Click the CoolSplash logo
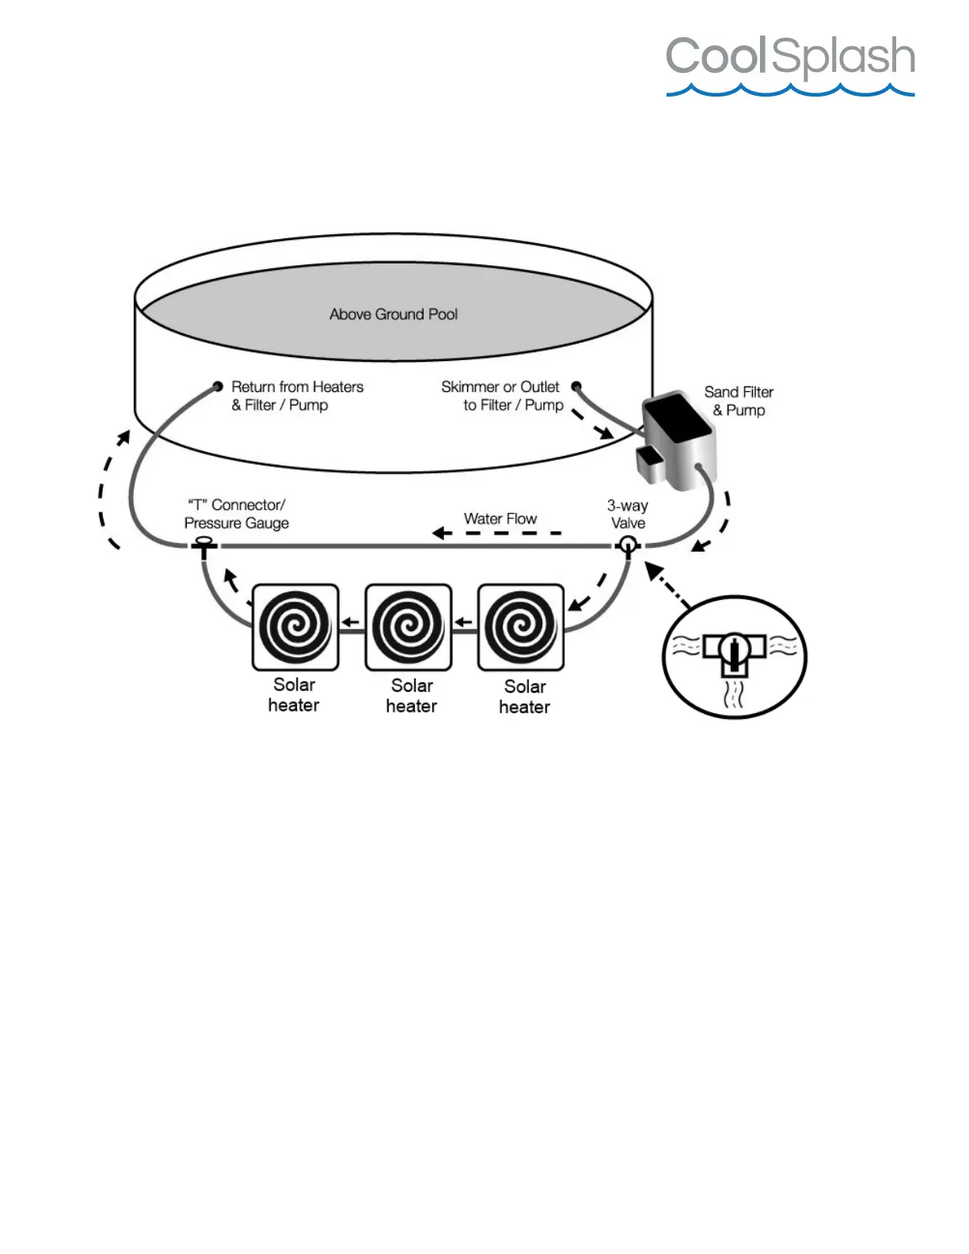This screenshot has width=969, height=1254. click(790, 64)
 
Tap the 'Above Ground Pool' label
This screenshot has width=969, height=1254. click(393, 314)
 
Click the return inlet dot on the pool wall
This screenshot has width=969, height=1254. click(218, 386)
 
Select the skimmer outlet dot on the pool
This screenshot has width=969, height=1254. click(576, 386)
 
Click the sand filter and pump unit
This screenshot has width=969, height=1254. click(678, 439)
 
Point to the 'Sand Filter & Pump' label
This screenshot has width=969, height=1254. click(739, 401)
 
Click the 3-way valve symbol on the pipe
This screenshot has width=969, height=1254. click(628, 545)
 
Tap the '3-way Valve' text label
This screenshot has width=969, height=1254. click(628, 514)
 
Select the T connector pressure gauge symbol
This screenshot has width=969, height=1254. click(203, 545)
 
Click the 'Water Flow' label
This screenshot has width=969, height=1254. click(500, 519)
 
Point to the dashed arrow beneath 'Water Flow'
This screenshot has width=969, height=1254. click(497, 533)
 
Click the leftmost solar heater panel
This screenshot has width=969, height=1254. click(295, 627)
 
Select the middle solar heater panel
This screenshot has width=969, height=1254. click(408, 627)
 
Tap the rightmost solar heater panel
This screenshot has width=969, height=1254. click(522, 627)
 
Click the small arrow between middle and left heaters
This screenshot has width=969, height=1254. click(351, 622)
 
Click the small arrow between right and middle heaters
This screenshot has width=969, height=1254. click(464, 622)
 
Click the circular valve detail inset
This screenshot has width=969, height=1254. click(734, 656)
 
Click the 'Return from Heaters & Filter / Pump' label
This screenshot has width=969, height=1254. click(297, 396)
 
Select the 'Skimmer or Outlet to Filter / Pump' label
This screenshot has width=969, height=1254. click(502, 396)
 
